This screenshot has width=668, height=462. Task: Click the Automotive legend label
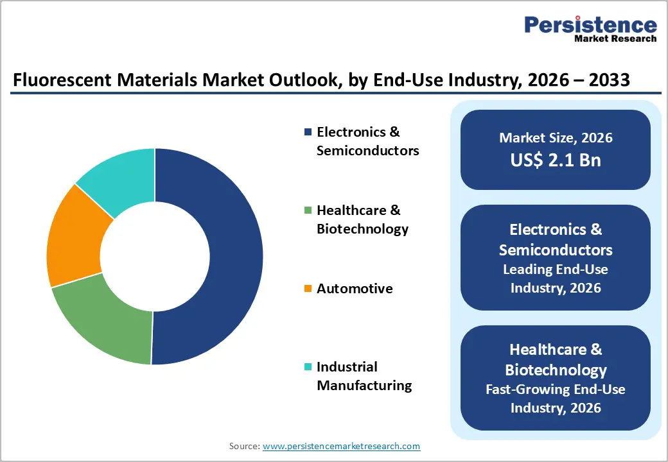point(355,289)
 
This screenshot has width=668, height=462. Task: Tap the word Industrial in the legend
point(347,367)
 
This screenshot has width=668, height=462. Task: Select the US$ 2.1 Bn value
point(556,160)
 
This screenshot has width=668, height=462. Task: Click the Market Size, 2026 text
point(556,138)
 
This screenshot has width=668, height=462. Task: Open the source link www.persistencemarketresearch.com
point(342,446)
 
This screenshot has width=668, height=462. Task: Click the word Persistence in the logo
point(590,25)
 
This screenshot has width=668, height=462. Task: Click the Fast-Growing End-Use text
point(556,389)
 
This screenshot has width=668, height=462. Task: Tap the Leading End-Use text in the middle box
point(556,269)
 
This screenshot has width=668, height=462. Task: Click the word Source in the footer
point(243,446)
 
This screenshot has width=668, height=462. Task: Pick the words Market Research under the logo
point(615,38)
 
